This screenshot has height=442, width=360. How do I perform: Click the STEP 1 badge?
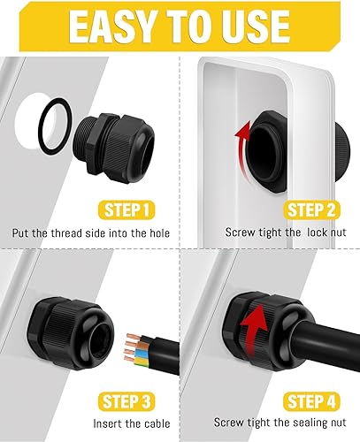coord(126,210)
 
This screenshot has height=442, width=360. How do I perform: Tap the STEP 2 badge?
coord(311,210)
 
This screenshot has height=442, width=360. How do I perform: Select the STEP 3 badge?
coord(126,401)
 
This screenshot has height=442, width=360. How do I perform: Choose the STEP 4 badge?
coord(311,401)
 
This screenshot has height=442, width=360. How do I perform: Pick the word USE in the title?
coord(256,27)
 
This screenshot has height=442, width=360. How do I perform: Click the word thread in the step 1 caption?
coord(66,233)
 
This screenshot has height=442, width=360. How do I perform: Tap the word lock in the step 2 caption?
coord(317,232)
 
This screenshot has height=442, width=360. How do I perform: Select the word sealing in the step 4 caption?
coord(306,423)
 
